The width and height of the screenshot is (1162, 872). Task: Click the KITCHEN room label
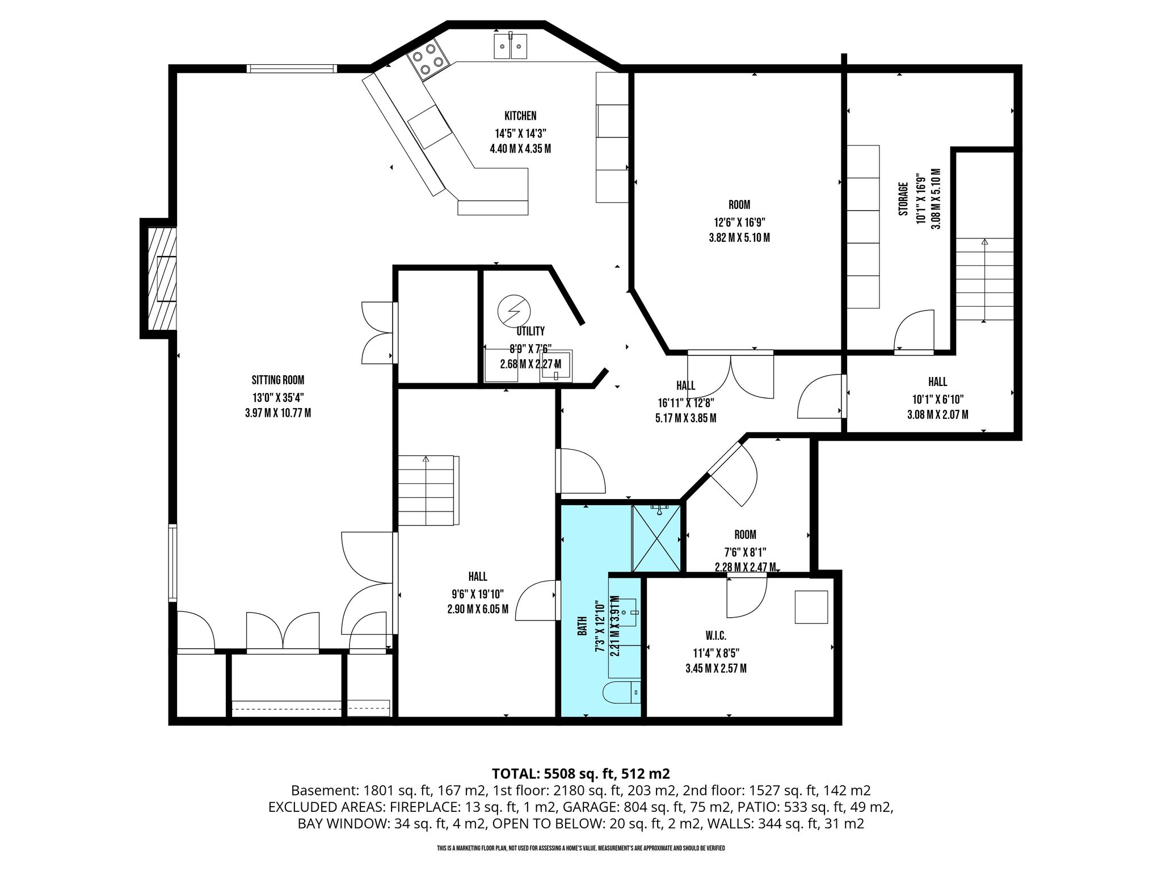coord(520,116)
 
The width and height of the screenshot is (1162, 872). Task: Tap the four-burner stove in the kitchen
coord(428,58)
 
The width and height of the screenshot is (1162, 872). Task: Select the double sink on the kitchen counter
coord(511,46)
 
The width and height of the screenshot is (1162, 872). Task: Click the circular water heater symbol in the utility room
coord(513,311)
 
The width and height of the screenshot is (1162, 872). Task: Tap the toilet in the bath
coord(621,693)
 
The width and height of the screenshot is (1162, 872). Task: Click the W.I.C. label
coord(715,636)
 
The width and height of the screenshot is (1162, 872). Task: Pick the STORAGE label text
coord(903,199)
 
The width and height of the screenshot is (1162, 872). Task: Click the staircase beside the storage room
coord(984,279)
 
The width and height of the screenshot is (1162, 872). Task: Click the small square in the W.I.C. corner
coord(811,607)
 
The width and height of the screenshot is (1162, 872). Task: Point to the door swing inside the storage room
coord(914,330)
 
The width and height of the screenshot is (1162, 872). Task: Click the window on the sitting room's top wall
coord(292,69)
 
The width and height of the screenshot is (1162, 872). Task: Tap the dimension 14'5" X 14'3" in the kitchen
coord(520,134)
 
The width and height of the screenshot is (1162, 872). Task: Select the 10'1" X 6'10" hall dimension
coord(937,399)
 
